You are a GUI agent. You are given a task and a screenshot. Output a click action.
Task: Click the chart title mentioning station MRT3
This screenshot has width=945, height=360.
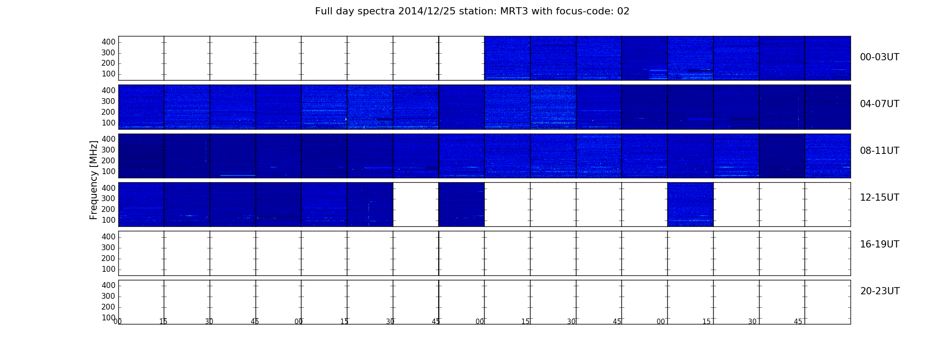click(x=472, y=11)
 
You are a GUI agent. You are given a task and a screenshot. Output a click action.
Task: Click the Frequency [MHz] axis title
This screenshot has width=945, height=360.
click(x=94, y=180)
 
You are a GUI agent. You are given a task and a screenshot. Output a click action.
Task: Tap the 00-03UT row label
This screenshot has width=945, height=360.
click(x=879, y=57)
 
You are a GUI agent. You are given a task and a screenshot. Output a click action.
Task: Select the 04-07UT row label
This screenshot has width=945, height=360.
click(x=879, y=104)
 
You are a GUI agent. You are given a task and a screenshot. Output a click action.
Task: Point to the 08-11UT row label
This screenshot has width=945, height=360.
click(x=879, y=151)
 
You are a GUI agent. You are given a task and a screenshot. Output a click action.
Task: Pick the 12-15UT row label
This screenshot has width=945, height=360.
click(x=879, y=198)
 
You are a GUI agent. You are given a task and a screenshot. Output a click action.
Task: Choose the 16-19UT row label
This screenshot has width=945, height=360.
click(x=879, y=244)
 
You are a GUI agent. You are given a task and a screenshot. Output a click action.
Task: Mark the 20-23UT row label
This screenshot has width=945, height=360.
click(x=880, y=291)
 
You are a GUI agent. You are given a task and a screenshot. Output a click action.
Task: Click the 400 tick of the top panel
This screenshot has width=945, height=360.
click(x=108, y=42)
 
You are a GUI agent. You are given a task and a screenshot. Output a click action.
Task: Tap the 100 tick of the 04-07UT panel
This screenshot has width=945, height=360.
click(x=108, y=123)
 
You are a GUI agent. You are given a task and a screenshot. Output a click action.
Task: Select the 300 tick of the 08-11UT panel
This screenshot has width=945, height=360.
click(x=108, y=150)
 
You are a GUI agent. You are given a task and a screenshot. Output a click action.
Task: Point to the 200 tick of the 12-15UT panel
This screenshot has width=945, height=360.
click(x=108, y=209)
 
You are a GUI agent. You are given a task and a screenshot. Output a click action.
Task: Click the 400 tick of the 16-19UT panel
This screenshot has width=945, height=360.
click(x=108, y=237)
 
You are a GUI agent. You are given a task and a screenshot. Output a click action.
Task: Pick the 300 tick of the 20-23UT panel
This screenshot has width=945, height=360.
click(x=108, y=296)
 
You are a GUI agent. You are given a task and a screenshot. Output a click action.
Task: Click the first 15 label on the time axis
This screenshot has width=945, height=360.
click(x=163, y=322)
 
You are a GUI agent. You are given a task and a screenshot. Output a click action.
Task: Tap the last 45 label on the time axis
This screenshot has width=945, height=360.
click(x=798, y=322)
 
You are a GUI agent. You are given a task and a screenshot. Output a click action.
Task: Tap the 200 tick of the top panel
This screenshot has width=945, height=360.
click(x=108, y=63)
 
